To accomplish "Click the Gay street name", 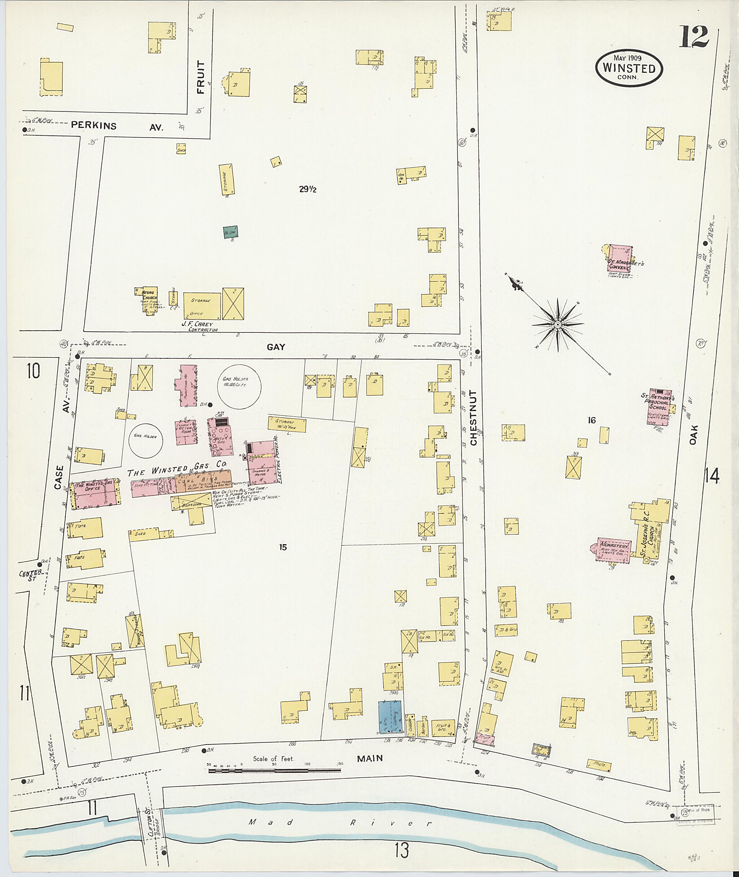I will (276, 347).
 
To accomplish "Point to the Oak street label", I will (694, 435).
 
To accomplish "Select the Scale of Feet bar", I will (276, 770).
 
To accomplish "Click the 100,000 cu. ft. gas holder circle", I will (239, 385).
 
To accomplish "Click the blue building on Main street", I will (389, 717).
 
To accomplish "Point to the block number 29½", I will (307, 190).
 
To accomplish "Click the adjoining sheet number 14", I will (712, 476).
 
